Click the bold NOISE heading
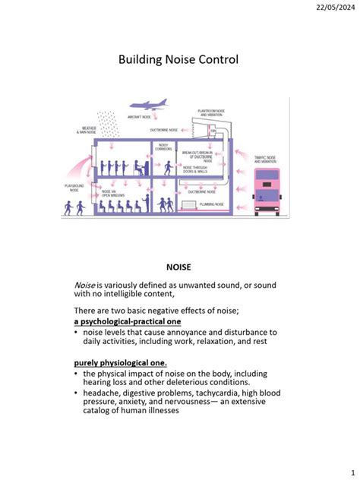click(179, 266)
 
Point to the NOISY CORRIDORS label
click(165, 147)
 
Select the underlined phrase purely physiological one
click(114, 362)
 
